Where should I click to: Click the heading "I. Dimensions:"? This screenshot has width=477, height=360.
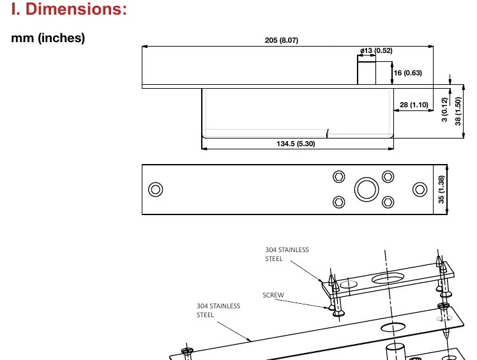(x=69, y=9)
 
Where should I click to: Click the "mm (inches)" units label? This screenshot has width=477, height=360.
(x=48, y=38)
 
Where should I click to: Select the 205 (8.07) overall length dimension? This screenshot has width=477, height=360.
(x=282, y=40)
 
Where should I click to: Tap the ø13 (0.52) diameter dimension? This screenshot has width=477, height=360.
(x=376, y=50)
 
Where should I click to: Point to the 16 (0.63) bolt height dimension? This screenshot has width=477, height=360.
(x=407, y=73)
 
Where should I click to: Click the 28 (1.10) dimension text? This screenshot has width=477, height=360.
(x=414, y=105)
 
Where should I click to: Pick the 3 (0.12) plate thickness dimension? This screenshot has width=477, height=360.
(x=444, y=109)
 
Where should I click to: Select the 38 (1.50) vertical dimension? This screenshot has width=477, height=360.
(x=458, y=111)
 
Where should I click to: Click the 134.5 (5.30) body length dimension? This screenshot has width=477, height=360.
(x=296, y=144)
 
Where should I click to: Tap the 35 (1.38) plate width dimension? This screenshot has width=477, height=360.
(x=441, y=189)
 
